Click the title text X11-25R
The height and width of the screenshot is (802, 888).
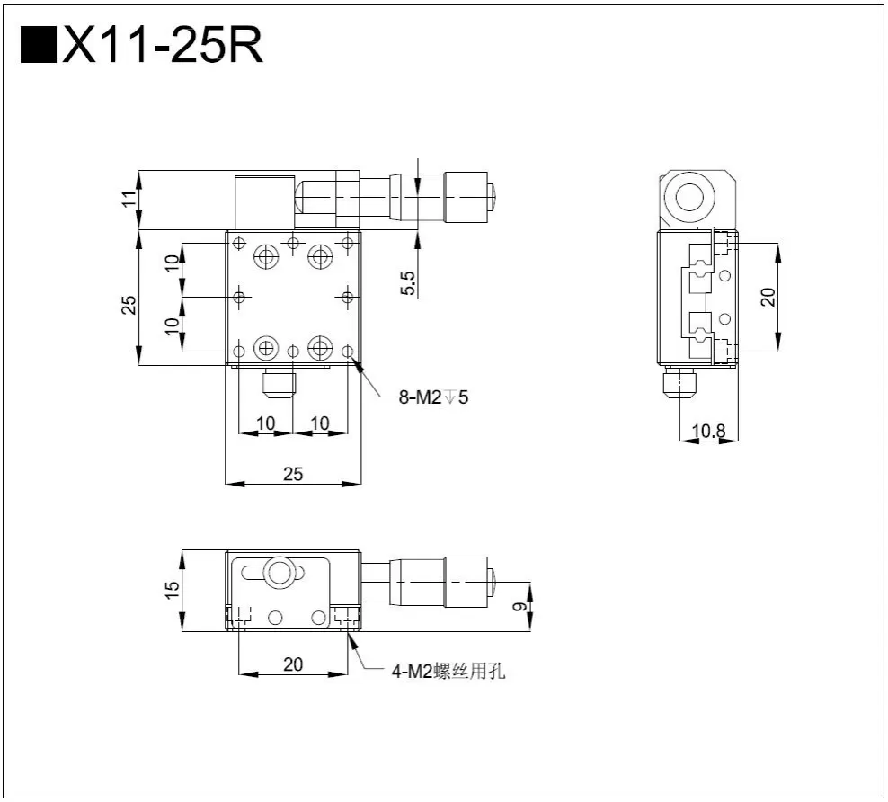pos(163,46)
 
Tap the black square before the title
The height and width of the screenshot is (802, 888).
pos(37,46)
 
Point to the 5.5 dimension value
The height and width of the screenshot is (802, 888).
pos(408,283)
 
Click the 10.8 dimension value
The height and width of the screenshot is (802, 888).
pos(709,431)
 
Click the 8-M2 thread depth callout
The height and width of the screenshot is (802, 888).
pos(433,396)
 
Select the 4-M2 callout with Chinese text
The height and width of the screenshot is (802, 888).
pos(448,670)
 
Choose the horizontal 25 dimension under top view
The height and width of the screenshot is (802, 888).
pos(293,474)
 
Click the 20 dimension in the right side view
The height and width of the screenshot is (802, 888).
pos(768,296)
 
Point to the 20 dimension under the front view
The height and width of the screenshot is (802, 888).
pos(293,664)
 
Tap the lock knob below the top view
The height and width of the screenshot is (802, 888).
pos(279,385)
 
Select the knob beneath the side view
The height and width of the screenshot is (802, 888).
pos(679,386)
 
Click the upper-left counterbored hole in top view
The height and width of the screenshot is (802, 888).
pos(266,258)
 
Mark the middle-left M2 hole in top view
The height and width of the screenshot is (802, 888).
pos(239,296)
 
